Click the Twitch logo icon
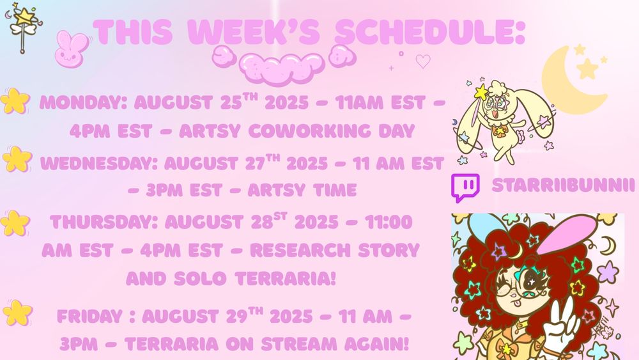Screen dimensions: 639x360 click(x=465, y=187)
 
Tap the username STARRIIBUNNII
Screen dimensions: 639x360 click(x=563, y=185)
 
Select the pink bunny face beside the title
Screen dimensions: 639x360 click(x=72, y=49)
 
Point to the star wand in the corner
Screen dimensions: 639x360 click(x=22, y=26)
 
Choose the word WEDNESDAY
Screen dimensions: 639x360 click(x=99, y=164)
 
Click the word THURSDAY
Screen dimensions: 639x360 click(x=104, y=222)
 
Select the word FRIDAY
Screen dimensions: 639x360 click(x=89, y=317)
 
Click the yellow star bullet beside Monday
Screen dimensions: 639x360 click(x=15, y=100)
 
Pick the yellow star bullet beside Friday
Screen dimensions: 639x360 click(x=17, y=313)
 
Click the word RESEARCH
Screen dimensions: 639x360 click(x=300, y=250)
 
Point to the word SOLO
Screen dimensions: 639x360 click(x=199, y=279)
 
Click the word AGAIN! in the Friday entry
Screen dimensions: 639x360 click(x=376, y=344)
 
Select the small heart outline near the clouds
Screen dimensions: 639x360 click(x=423, y=61)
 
